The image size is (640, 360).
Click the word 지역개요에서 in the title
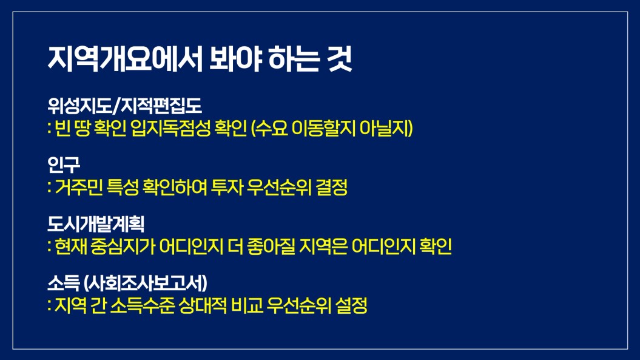(125, 59)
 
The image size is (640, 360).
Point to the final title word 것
(339, 59)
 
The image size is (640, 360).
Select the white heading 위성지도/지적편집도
(124, 106)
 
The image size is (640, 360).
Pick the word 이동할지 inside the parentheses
(324, 128)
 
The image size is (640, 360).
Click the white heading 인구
(64, 165)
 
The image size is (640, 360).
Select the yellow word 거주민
(78, 188)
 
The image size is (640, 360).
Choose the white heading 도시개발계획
(96, 224)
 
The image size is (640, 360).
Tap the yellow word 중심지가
(123, 246)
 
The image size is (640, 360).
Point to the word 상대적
(203, 305)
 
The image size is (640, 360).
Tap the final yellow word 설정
(351, 305)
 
